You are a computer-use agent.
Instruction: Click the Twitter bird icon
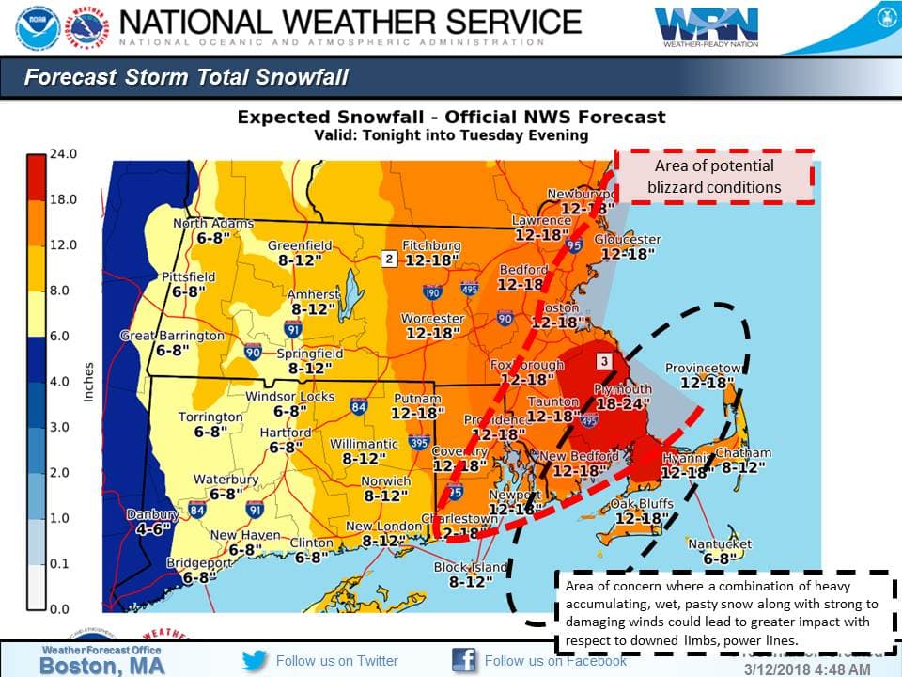tap(255, 660)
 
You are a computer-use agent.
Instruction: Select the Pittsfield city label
tap(188, 277)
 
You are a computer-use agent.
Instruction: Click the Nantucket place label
tap(720, 544)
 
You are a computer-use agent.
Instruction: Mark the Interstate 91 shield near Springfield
tap(293, 329)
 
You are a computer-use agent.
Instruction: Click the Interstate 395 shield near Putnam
tap(419, 441)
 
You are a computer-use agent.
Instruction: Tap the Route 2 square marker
tap(388, 259)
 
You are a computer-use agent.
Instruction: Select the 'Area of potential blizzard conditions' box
tap(714, 176)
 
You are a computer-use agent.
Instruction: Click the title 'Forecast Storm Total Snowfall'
tap(186, 77)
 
